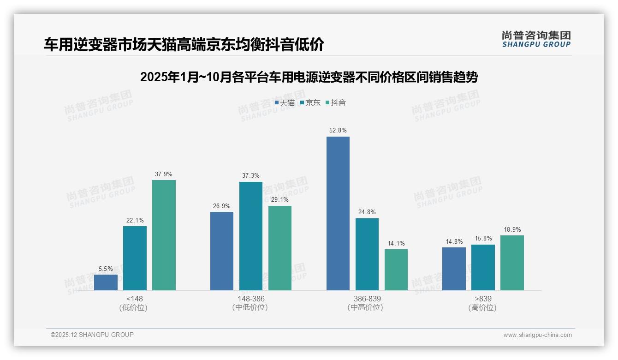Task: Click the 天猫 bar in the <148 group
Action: [x=106, y=282]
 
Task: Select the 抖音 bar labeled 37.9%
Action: [x=164, y=235]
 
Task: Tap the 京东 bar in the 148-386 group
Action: [x=251, y=236]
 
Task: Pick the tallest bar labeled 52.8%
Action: [x=338, y=213]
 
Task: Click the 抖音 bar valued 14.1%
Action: [x=396, y=270]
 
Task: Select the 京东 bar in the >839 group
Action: [x=483, y=267]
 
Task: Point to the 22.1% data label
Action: [x=135, y=221]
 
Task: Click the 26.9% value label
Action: [x=222, y=206]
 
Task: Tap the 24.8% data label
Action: [x=367, y=212]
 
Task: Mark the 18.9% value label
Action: [x=512, y=230]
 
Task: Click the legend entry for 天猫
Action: [x=285, y=103]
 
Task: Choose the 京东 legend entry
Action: [x=310, y=103]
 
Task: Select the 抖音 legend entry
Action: [x=336, y=103]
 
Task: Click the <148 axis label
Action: [x=134, y=299]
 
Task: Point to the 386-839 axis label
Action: [x=367, y=299]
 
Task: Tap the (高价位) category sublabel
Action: [x=482, y=307]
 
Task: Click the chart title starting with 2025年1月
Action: [x=309, y=77]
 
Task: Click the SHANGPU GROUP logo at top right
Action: [x=536, y=39]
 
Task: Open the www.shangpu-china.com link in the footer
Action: [x=537, y=335]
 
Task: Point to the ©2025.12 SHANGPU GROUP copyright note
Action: [x=92, y=335]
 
